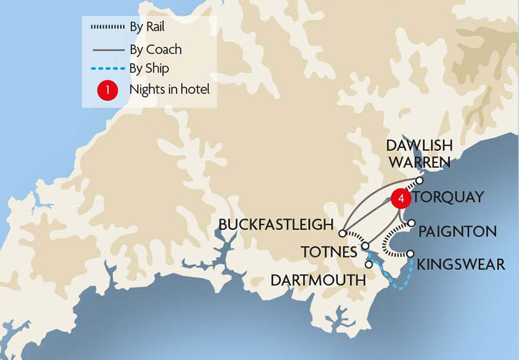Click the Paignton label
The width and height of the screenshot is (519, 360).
[x=457, y=231]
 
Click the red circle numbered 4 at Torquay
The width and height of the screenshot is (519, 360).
[x=402, y=199]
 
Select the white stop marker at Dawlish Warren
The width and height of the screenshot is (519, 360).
[x=420, y=180]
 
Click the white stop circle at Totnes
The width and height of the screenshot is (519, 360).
[x=365, y=246]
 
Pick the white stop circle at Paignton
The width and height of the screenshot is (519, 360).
[x=411, y=223]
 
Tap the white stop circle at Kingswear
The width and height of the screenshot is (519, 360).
[x=411, y=254]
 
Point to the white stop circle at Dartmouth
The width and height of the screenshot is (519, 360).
[x=368, y=264]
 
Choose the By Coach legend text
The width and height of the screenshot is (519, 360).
[x=155, y=49]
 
